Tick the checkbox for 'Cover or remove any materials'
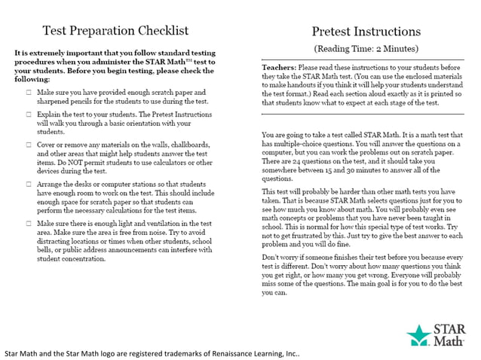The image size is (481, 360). click(x=27, y=143)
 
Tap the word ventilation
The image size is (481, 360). click(x=161, y=224)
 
